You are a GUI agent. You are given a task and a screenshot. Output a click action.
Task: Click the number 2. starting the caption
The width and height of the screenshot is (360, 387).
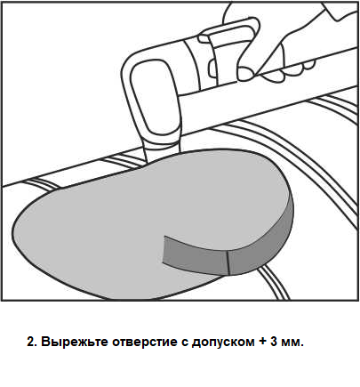(32, 342)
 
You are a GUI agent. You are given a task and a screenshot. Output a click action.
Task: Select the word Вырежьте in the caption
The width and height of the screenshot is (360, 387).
(75, 342)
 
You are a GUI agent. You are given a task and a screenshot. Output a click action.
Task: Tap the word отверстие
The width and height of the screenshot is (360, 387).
(145, 343)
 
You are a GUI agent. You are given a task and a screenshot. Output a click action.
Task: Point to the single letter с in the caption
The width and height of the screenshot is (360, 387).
(184, 343)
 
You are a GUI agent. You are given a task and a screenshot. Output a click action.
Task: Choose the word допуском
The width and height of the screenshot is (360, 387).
(223, 343)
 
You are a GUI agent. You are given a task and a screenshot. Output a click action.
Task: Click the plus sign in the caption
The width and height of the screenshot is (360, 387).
(263, 343)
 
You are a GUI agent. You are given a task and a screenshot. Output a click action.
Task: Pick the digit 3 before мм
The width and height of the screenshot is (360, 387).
(274, 342)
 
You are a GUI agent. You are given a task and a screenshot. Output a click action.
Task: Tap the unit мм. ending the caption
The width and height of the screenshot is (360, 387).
(292, 343)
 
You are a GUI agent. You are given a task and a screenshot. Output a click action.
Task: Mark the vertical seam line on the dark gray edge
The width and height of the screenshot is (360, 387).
(228, 263)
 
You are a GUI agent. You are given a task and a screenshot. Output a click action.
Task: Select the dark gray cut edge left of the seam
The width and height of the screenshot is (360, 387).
(196, 254)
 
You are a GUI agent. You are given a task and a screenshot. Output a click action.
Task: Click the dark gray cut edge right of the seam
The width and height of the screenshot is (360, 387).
(260, 242)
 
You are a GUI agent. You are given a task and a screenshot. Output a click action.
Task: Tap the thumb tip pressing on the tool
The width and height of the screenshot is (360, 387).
(245, 74)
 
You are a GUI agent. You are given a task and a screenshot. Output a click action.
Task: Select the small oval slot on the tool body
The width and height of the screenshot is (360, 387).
(212, 69)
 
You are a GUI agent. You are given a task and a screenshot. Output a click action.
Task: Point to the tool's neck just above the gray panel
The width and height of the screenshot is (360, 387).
(162, 149)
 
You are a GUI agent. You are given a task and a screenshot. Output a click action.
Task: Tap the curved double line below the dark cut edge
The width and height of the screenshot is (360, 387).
(274, 283)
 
